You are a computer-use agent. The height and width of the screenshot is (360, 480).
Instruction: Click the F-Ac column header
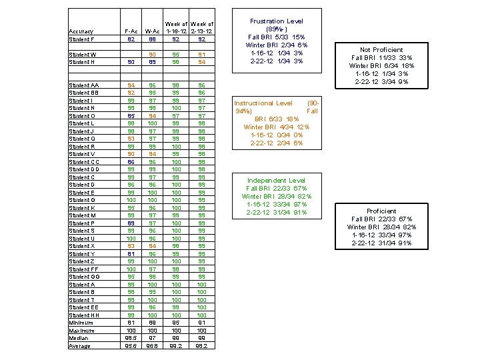tap(131, 31)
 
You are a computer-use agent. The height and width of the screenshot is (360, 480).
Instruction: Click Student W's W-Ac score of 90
tap(153, 54)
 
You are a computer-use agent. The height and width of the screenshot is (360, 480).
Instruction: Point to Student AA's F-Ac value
tap(131, 85)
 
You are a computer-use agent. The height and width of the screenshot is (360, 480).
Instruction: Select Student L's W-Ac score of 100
tap(152, 123)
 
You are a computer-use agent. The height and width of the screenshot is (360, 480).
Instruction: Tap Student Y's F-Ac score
tap(131, 254)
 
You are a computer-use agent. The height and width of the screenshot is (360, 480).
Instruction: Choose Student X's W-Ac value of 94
tap(153, 246)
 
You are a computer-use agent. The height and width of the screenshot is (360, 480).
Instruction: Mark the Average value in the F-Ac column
tap(131, 346)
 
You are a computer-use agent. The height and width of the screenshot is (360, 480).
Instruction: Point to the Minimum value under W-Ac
tap(153, 323)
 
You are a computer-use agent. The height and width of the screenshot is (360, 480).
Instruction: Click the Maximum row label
tap(81, 331)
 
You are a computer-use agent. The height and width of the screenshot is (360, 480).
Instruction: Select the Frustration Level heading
tap(276, 21)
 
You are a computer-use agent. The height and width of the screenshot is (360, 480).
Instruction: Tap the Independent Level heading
tap(276, 181)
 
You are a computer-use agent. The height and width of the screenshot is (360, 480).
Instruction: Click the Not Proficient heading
tap(381, 50)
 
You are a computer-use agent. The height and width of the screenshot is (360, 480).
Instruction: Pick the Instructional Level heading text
tap(263, 103)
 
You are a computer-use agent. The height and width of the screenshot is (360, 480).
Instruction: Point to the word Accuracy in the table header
tap(81, 31)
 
